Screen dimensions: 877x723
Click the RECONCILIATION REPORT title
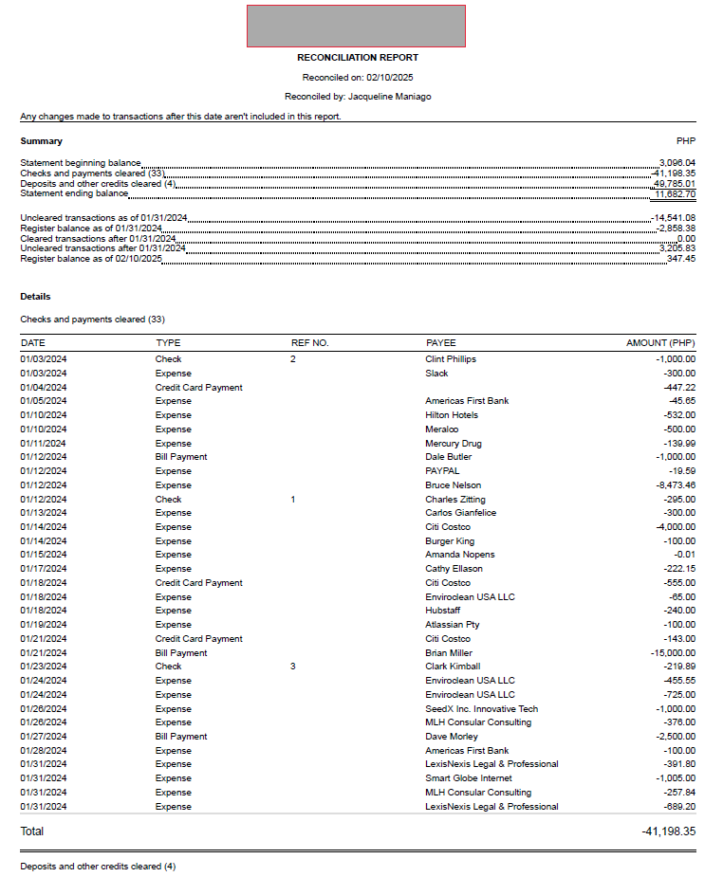pyautogui.click(x=358, y=58)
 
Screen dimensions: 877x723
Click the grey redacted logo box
pyautogui.click(x=356, y=26)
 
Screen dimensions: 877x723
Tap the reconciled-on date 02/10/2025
pyautogui.click(x=391, y=78)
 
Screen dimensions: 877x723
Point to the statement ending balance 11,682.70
pyautogui.click(x=675, y=194)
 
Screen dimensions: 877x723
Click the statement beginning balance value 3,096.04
pyautogui.click(x=677, y=163)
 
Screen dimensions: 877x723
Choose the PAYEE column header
pyautogui.click(x=440, y=343)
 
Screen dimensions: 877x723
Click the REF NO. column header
pyautogui.click(x=309, y=343)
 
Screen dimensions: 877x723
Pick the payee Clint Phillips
pyautogui.click(x=451, y=359)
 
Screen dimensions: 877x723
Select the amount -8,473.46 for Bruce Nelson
pyautogui.click(x=676, y=485)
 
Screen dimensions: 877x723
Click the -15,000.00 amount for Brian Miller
pyautogui.click(x=673, y=653)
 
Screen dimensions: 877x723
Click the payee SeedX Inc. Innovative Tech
pyautogui.click(x=481, y=709)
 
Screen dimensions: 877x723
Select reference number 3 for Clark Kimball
pyautogui.click(x=293, y=667)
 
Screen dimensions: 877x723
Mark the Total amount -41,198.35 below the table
pyautogui.click(x=668, y=831)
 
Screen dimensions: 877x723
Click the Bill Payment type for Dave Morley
pyautogui.click(x=181, y=737)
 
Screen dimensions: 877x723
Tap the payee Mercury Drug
pyautogui.click(x=454, y=444)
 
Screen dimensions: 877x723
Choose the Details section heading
pyautogui.click(x=36, y=297)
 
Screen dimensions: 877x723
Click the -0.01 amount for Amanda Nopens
pyautogui.click(x=684, y=555)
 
